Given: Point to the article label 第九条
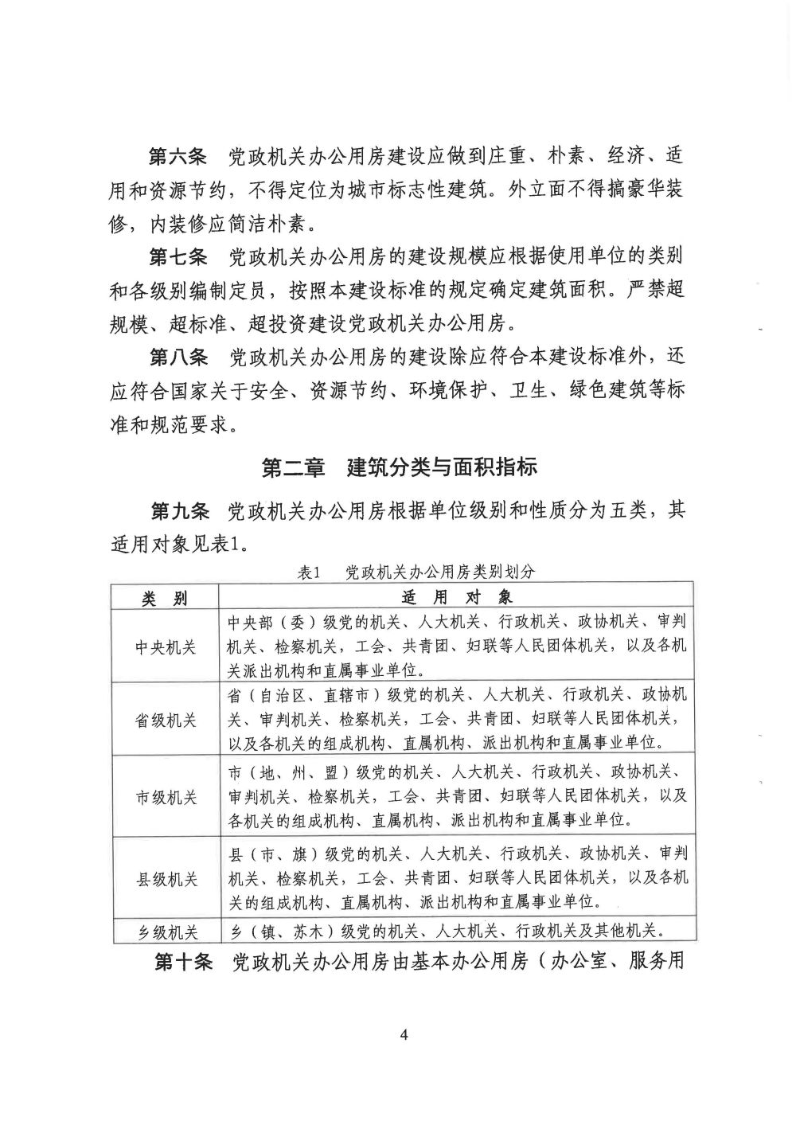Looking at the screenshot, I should coord(179,510).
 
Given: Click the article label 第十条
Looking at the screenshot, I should coord(184,963).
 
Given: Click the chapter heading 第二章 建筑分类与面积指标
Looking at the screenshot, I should coord(400,467).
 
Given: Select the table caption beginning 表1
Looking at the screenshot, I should coord(417,572).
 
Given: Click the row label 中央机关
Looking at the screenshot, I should coord(165,647).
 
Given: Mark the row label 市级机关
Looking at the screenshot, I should coord(165,797).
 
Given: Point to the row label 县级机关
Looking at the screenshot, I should coord(165,880).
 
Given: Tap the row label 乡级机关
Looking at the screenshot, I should coord(165,932).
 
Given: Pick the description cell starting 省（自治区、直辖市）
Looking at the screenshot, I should coord(456,719).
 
